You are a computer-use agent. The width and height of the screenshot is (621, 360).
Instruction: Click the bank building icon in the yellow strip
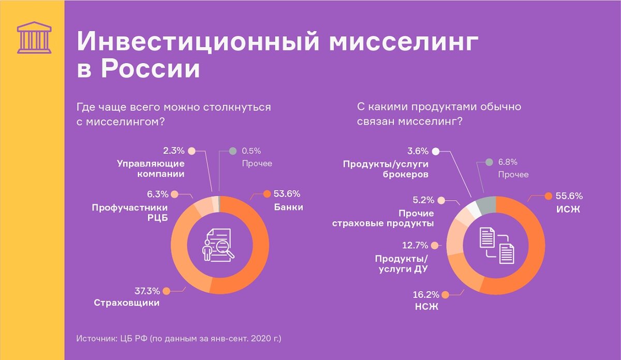[34, 37]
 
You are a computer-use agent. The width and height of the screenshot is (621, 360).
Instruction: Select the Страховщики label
[127, 303]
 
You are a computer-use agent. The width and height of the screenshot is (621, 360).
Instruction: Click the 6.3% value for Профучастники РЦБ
[158, 194]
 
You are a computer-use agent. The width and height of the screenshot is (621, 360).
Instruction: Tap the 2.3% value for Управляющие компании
[174, 151]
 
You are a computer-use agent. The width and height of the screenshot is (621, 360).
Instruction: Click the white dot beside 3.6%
[436, 151]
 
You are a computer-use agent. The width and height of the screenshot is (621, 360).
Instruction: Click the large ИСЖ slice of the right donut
[533, 248]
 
